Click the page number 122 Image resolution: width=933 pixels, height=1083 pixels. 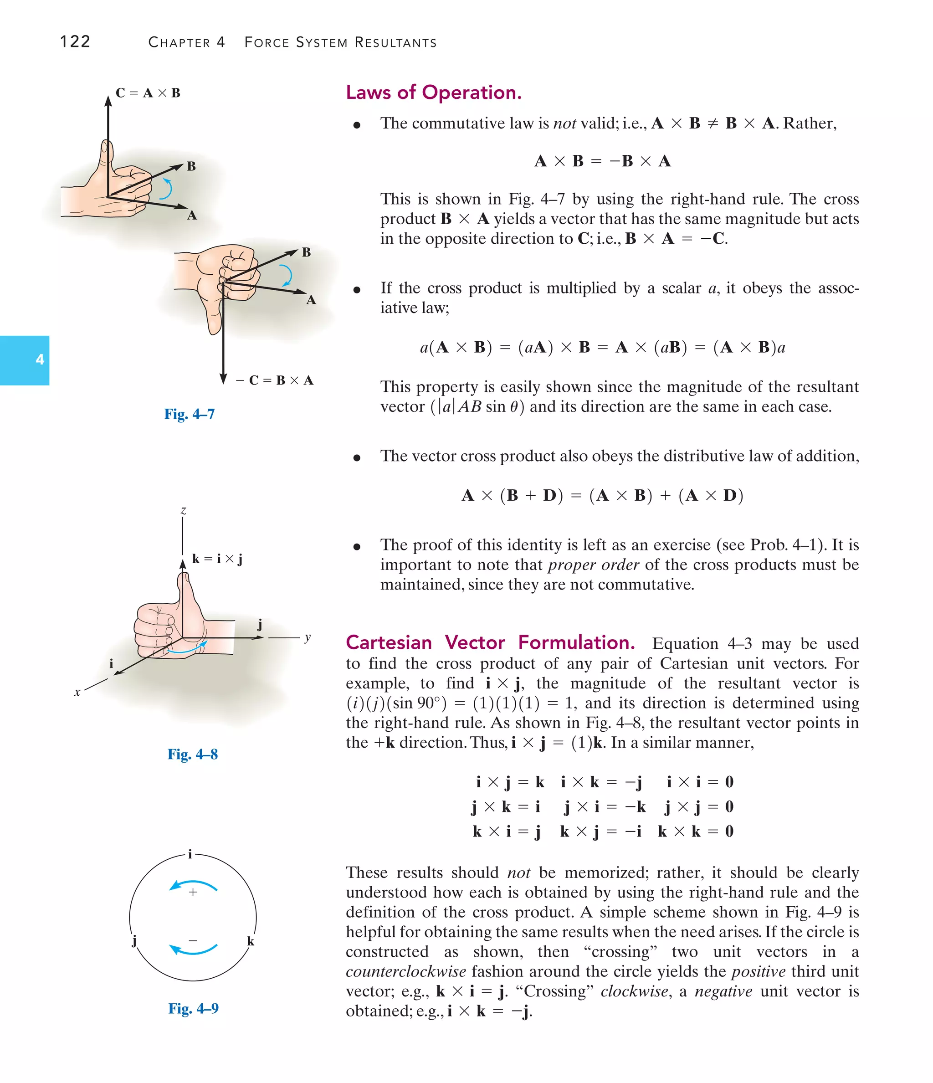click(x=75, y=41)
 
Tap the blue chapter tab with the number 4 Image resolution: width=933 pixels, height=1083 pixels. click(x=25, y=360)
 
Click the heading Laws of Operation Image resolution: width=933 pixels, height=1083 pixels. click(x=433, y=92)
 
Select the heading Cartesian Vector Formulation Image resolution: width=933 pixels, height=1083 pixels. click(x=490, y=642)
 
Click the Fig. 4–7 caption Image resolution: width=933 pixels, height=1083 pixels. click(x=189, y=414)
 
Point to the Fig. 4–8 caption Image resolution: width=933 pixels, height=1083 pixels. click(x=192, y=754)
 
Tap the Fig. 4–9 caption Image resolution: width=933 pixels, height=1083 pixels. click(x=193, y=1008)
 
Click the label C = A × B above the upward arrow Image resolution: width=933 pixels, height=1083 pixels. click(x=148, y=93)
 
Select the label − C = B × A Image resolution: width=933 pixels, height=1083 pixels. click(x=274, y=380)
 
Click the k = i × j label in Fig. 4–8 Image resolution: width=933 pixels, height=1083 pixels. click(x=217, y=559)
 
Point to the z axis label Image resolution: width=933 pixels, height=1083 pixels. click(x=184, y=511)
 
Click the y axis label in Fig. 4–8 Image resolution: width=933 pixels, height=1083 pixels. click(x=308, y=637)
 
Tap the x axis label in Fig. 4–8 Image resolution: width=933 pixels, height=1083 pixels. click(x=77, y=693)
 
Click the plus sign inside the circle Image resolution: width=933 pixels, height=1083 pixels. click(x=193, y=892)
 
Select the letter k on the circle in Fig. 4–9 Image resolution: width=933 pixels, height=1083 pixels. click(x=251, y=941)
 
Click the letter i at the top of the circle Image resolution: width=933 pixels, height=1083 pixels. click(x=190, y=855)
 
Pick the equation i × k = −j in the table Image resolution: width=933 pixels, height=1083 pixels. click(x=601, y=782)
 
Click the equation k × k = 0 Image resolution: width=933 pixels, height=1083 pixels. click(x=695, y=831)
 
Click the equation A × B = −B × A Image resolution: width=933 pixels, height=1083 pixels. click(x=602, y=161)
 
